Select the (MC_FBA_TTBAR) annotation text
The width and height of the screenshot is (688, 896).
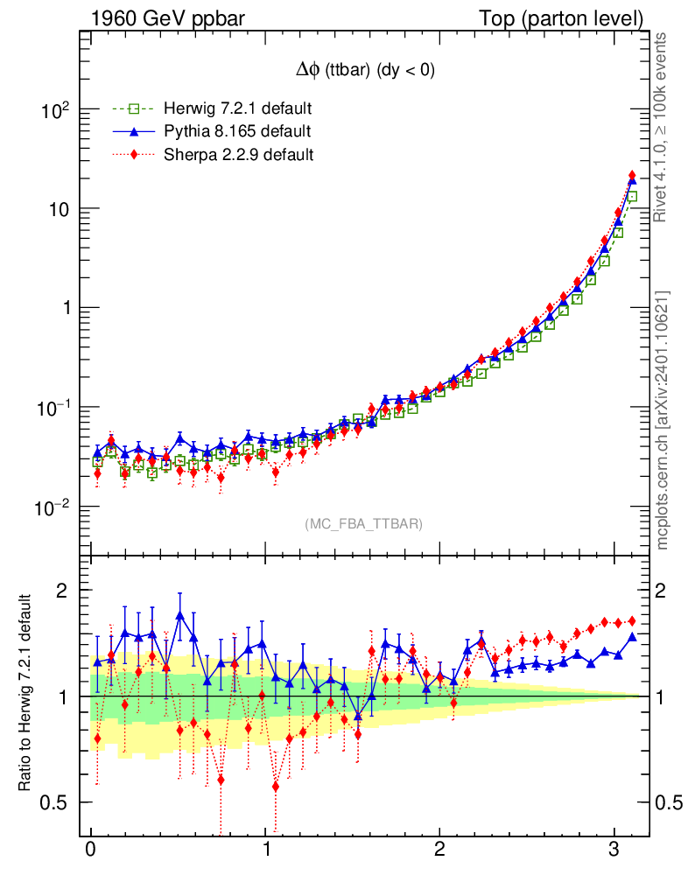pos(364,524)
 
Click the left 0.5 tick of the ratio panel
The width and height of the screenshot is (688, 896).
pos(58,802)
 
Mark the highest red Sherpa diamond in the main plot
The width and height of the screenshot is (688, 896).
pos(632,176)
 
